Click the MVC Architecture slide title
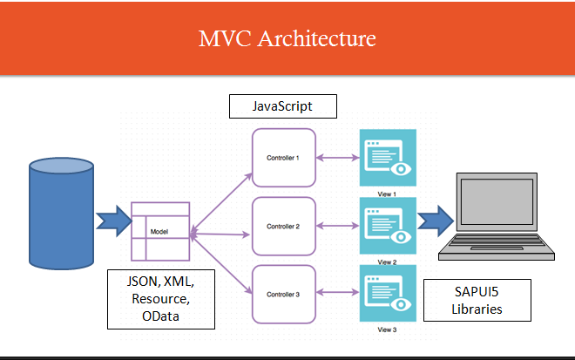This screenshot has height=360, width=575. click(x=287, y=39)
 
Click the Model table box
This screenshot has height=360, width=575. click(x=160, y=232)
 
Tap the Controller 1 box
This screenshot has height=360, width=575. click(x=283, y=158)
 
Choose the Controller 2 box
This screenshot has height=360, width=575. click(x=283, y=226)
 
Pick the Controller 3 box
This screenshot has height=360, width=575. click(x=283, y=295)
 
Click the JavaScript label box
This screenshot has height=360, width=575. click(x=281, y=106)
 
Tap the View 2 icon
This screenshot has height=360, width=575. click(x=388, y=225)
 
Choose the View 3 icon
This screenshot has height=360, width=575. click(x=388, y=294)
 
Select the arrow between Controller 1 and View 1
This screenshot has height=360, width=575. click(x=338, y=158)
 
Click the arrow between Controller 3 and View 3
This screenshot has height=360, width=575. click(x=338, y=295)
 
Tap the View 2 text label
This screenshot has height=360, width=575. click(x=389, y=262)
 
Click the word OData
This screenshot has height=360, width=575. click(x=161, y=317)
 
